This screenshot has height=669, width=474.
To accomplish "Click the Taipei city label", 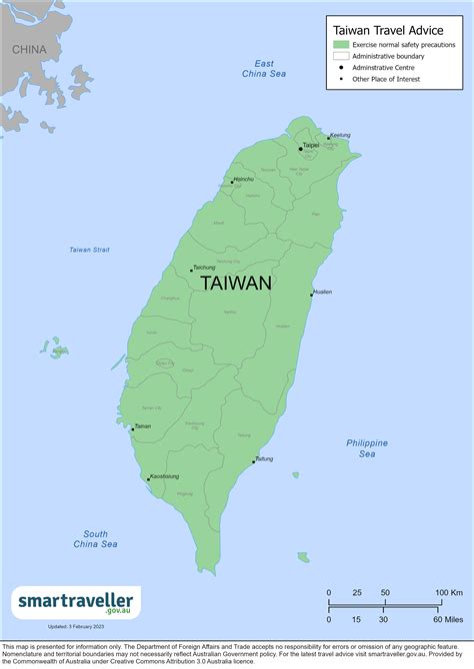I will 311,145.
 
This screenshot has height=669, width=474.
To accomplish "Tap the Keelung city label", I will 340,135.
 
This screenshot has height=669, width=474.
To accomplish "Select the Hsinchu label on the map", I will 243,179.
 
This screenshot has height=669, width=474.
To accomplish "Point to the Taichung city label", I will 204,268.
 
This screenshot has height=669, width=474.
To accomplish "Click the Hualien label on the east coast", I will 322,292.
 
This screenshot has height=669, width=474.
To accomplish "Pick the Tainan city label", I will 143,426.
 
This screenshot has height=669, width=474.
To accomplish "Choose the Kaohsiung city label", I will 165,477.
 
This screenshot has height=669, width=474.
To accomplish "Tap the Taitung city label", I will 264,458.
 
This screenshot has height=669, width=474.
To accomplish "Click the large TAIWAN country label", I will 236,283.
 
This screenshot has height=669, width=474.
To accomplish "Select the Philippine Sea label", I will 367,448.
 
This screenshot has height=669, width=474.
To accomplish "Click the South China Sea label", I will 95,538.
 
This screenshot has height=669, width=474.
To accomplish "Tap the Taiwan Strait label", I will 89,249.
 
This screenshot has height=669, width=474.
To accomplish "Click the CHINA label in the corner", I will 30,49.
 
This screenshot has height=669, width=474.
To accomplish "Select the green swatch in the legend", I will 341,45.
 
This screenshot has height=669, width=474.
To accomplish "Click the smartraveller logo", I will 77,602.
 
